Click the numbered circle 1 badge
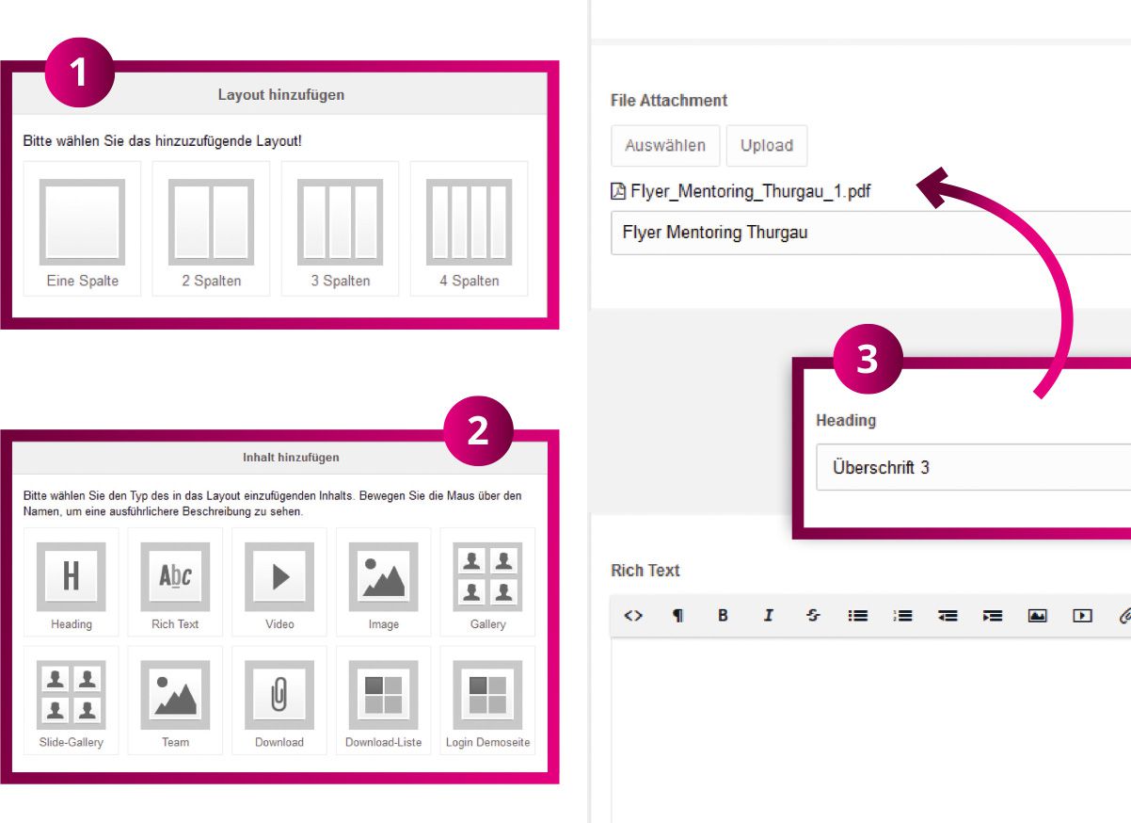pos(80,73)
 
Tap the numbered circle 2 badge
pos(479,430)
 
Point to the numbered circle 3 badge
pos(868,359)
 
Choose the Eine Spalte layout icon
pos(82,222)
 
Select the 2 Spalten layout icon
pos(211,222)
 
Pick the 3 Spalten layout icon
pos(341,222)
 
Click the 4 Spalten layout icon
pos(470,222)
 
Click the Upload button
pos(767,146)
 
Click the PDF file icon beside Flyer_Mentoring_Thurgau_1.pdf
pos(618,191)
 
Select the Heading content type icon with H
pos(72,576)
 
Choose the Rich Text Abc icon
pos(175,576)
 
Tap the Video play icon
pos(279,576)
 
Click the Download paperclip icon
pos(279,695)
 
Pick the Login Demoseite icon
pos(487,695)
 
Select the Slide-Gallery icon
pos(72,695)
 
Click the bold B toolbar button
pos(723,615)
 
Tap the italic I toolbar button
pos(768,615)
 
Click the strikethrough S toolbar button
pos(813,615)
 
